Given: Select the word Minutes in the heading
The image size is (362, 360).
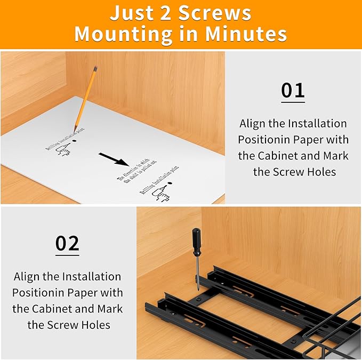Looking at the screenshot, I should [249, 34].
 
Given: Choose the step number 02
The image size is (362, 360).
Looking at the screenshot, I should [67, 243].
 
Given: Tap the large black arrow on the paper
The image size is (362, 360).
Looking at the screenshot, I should [114, 159].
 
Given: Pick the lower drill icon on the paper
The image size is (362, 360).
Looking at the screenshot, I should [160, 194].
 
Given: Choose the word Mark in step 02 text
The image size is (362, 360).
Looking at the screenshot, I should [110, 309].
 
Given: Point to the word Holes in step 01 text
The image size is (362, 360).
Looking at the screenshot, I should [320, 172].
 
